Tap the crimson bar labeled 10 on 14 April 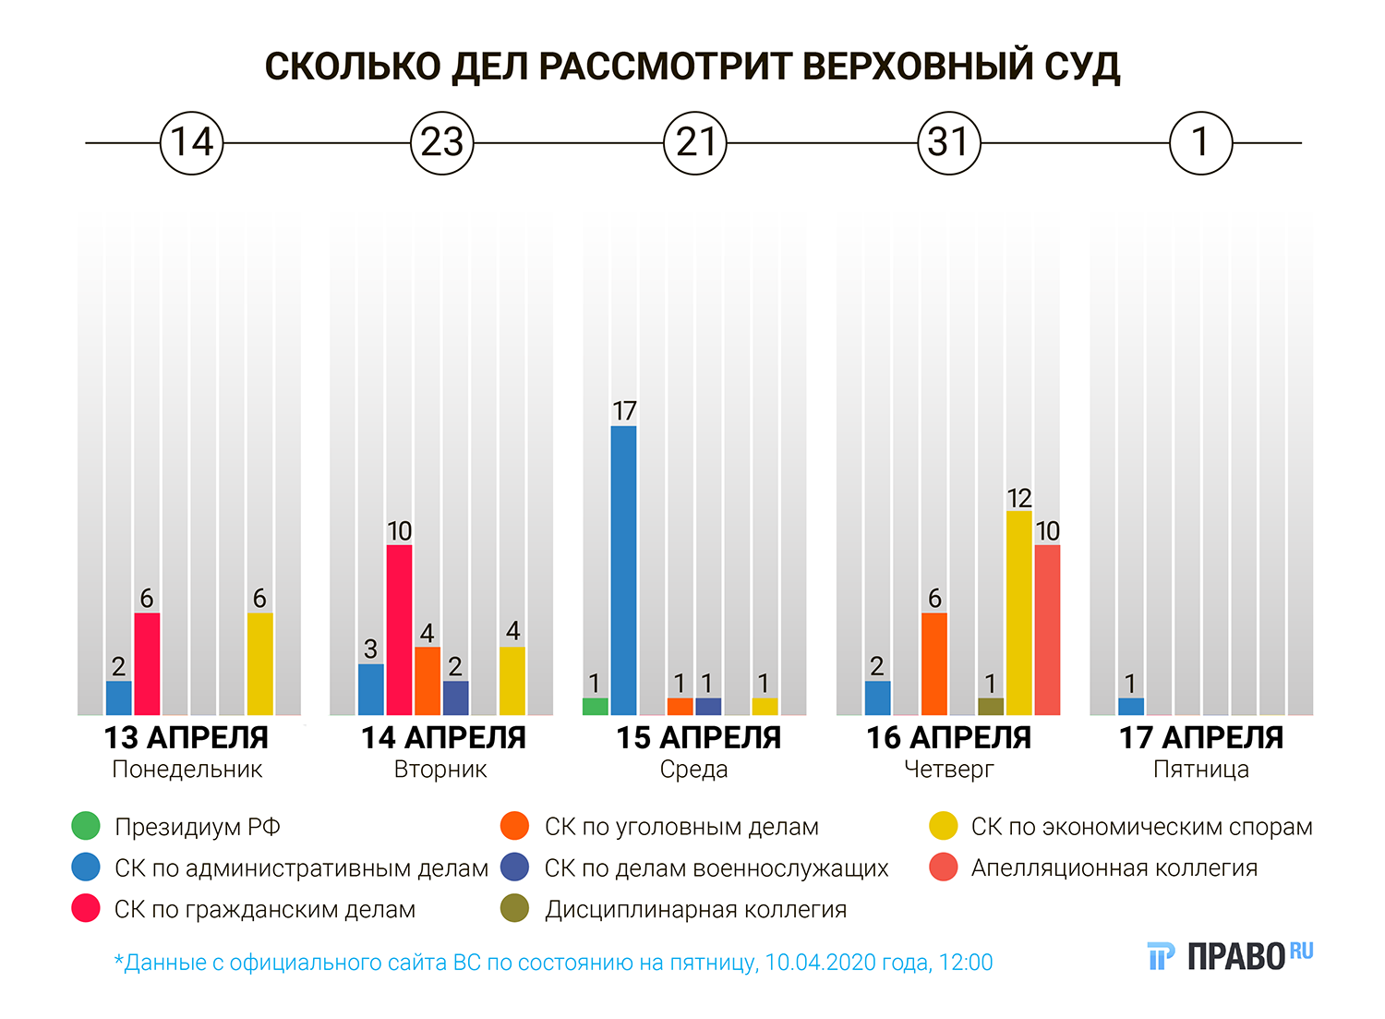pyautogui.click(x=399, y=629)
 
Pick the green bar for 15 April pyautogui.click(x=596, y=707)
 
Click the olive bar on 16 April pyautogui.click(x=991, y=707)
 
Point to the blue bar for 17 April pyautogui.click(x=1130, y=707)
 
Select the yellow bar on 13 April pyautogui.click(x=259, y=663)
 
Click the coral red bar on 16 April pyautogui.click(x=1047, y=629)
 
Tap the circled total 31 pyautogui.click(x=948, y=143)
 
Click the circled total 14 pyautogui.click(x=192, y=143)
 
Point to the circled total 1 pyautogui.click(x=1200, y=143)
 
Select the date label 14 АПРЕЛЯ pyautogui.click(x=442, y=738)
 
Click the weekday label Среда pyautogui.click(x=693, y=770)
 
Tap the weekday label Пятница pyautogui.click(x=1200, y=770)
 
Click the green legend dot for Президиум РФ pyautogui.click(x=86, y=826)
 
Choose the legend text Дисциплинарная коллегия pyautogui.click(x=695, y=910)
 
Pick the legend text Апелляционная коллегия pyautogui.click(x=1114, y=868)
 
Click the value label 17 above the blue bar pyautogui.click(x=624, y=411)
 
